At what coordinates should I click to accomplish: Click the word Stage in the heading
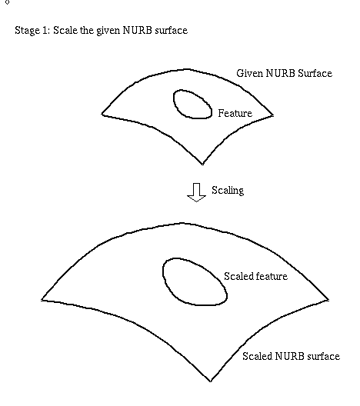pos(26,31)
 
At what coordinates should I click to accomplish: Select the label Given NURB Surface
pos(284,74)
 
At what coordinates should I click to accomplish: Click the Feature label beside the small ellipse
pos(235,113)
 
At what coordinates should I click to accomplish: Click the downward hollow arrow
pos(197,192)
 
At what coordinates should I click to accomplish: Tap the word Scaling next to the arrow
pos(228,191)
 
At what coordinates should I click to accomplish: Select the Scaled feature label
pos(255,276)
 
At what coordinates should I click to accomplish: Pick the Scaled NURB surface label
pos(291,356)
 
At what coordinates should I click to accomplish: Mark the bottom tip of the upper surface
pos(202,164)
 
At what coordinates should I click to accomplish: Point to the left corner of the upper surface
pos(102,113)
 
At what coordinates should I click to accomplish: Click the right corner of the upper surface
pos(273,115)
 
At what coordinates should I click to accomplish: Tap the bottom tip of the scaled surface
pos(210,381)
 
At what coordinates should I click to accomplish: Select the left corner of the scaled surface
pos(42,300)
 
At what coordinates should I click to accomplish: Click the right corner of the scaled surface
pos(328,300)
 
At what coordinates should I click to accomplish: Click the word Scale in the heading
pos(65,30)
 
